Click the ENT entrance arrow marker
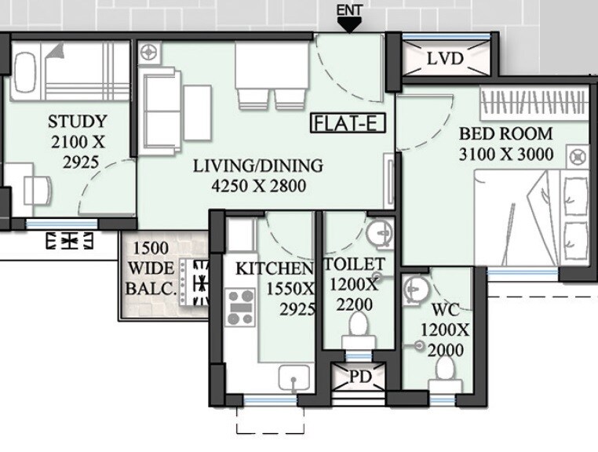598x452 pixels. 349,24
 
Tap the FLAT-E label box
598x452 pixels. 342,122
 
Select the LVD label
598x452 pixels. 445,59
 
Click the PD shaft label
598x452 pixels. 360,377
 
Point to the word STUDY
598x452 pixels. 77,122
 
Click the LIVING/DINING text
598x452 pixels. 258,166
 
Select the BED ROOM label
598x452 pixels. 506,133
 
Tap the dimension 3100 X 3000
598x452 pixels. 506,154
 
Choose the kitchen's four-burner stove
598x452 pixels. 240,307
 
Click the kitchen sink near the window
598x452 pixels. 294,381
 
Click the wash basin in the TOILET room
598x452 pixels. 380,233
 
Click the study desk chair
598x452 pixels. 37,189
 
